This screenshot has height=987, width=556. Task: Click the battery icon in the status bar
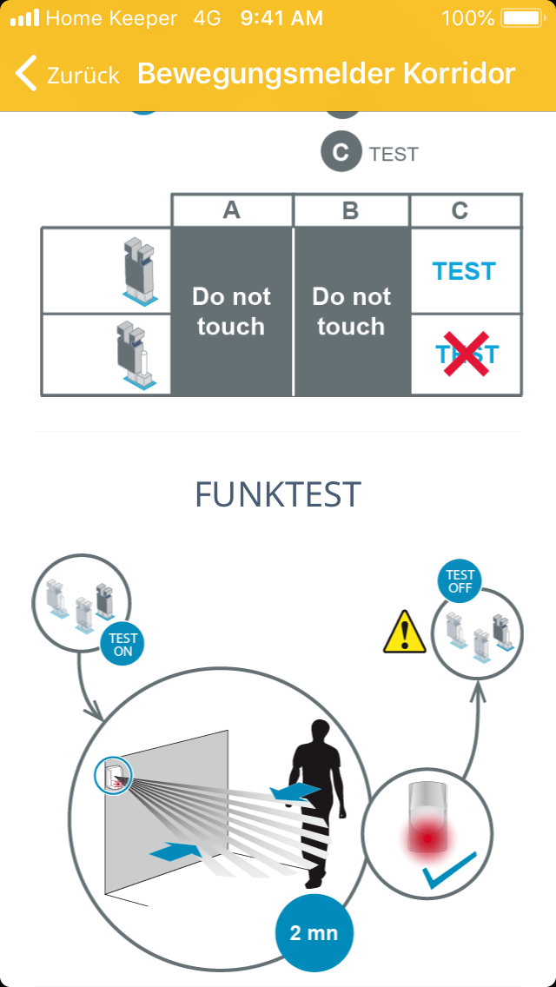pos(522,18)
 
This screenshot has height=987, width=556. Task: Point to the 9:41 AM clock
pos(281,18)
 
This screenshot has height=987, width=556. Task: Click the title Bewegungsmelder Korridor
pos(326,74)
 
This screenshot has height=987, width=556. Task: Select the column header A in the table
pos(232,210)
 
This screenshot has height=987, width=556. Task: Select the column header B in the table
pos(351,210)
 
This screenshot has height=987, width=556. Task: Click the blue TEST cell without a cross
pos(465,271)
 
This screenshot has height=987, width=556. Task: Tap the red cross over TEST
pos(467,354)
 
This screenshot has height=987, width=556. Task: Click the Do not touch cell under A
pos(232,312)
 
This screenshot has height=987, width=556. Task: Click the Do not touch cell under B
pos(351,312)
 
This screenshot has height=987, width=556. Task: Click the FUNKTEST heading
pos(278,494)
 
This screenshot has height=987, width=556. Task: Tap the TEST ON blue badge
pos(122,645)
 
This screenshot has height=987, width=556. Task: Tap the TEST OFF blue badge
pos(460,581)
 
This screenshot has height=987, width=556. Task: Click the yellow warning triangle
pos(405,632)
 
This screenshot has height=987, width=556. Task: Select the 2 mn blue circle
pos(314,933)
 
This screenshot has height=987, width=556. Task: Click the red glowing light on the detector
pos(427,838)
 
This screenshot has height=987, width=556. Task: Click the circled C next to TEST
pos(341,152)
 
